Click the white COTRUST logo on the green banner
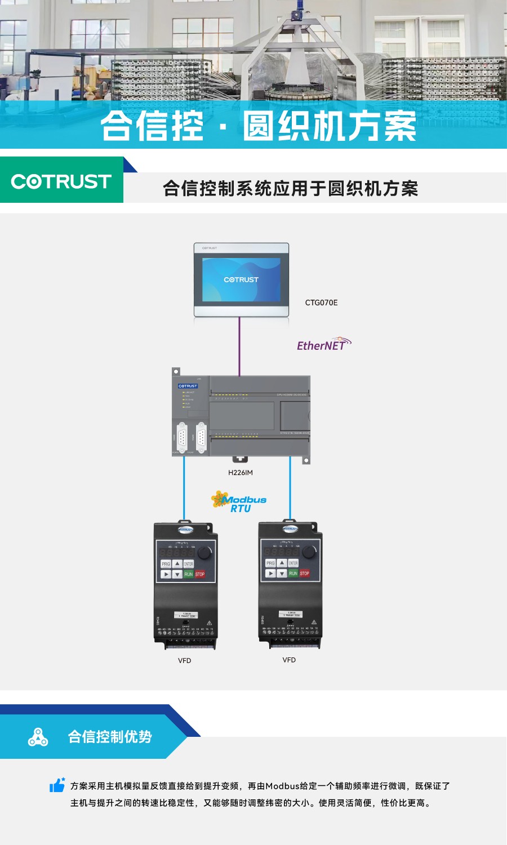[61, 181]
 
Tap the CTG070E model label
[321, 303]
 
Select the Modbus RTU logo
[239, 501]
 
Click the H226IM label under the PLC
[241, 473]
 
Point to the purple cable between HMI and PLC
[239, 346]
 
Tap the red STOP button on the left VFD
[200, 574]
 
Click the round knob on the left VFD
[204, 553]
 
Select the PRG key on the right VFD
[270, 563]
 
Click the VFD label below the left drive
[184, 661]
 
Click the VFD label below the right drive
[289, 660]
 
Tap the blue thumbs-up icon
[57, 785]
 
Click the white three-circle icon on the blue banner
[38, 737]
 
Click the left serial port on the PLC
[182, 437]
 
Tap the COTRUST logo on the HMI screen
[241, 279]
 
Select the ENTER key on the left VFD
[188, 564]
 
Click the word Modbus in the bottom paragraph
[282, 786]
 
